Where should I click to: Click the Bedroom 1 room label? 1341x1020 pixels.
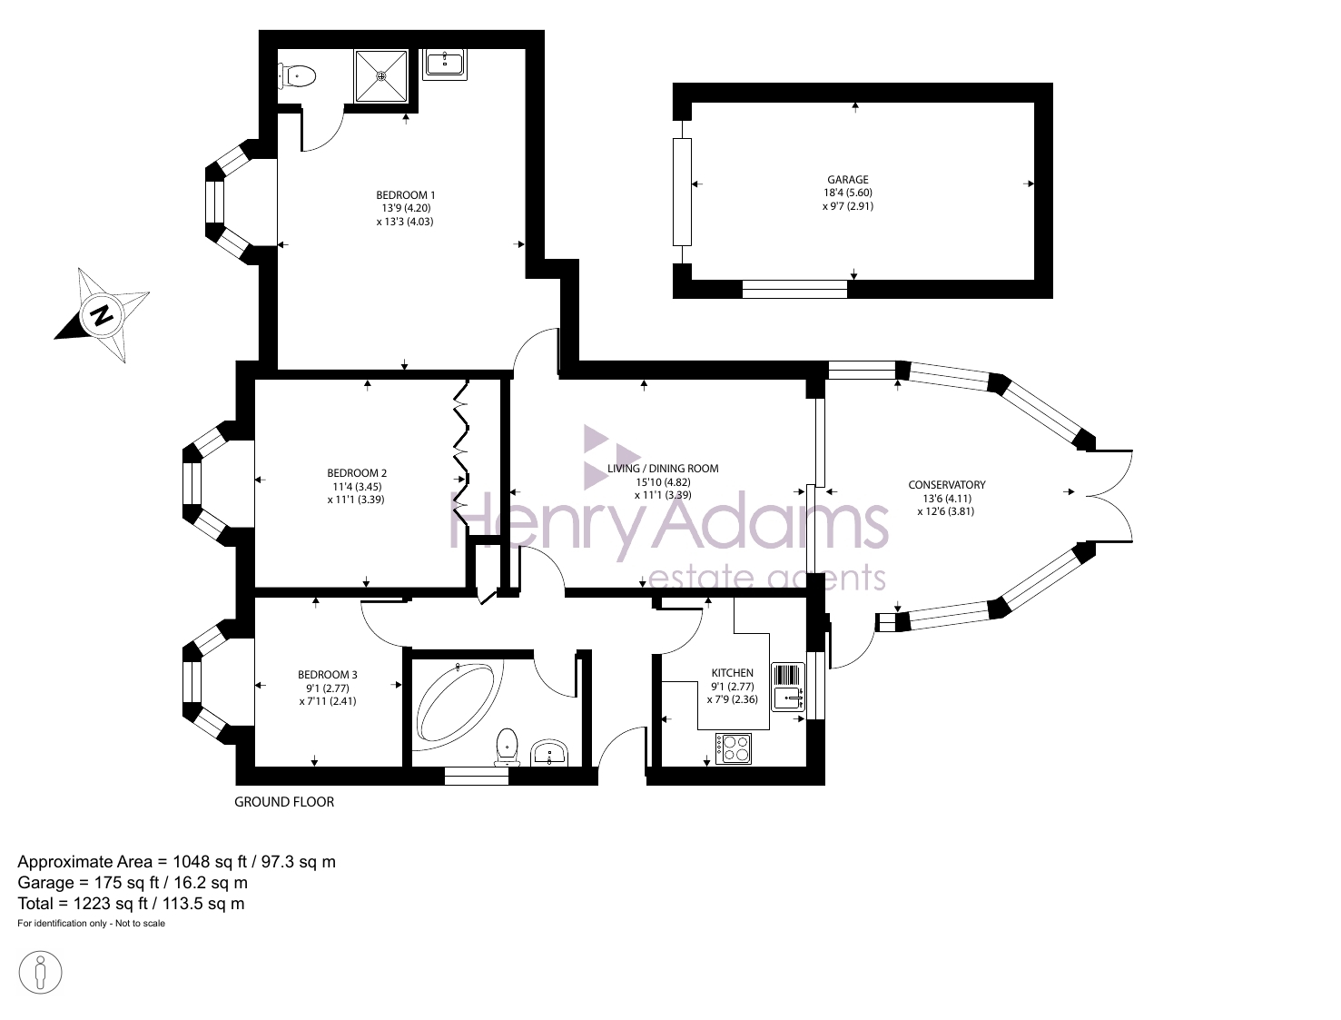(405, 195)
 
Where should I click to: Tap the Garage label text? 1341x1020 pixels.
(847, 180)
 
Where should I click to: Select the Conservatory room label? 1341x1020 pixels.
(946, 485)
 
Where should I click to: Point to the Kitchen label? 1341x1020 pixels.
(732, 673)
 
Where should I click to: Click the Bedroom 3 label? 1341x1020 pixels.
(328, 675)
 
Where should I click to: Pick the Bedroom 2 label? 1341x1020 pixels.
(357, 473)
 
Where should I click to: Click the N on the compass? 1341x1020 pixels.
(102, 315)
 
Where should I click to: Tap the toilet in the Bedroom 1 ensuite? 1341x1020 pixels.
(297, 77)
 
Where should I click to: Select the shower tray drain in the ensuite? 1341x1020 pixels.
(381, 75)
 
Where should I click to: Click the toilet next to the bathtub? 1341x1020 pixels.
(508, 747)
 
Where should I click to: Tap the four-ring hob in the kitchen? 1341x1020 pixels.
(733, 748)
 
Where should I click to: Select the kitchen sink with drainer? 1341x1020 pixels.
(788, 687)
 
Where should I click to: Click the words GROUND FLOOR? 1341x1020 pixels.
(284, 802)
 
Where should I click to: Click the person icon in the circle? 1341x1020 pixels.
(40, 973)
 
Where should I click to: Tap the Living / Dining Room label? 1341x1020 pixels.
(663, 469)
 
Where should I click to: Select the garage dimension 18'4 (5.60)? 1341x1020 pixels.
(848, 193)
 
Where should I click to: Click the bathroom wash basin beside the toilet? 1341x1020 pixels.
(550, 752)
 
